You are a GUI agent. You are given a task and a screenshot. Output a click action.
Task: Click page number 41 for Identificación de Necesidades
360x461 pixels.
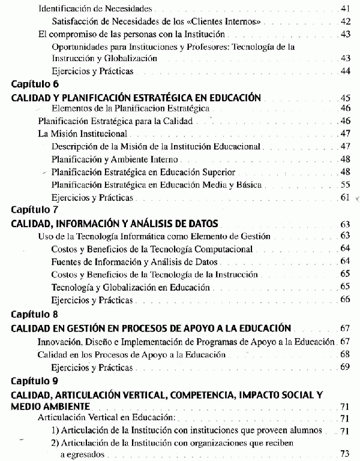pyautogui.click(x=345, y=10)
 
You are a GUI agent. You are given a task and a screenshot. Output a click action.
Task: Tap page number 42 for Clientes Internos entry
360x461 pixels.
pyautogui.click(x=345, y=22)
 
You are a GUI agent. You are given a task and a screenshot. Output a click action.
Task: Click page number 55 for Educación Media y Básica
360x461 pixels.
pyautogui.click(x=345, y=185)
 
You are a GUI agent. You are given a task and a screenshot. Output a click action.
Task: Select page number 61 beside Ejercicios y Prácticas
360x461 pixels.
pyautogui.click(x=345, y=198)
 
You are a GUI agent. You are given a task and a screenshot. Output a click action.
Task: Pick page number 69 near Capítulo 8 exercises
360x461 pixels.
pyautogui.click(x=345, y=367)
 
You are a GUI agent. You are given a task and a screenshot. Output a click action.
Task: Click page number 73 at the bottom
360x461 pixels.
pyautogui.click(x=345, y=453)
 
